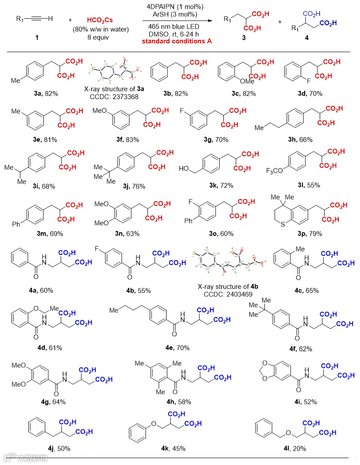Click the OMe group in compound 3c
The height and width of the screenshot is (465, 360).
click(234, 81)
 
